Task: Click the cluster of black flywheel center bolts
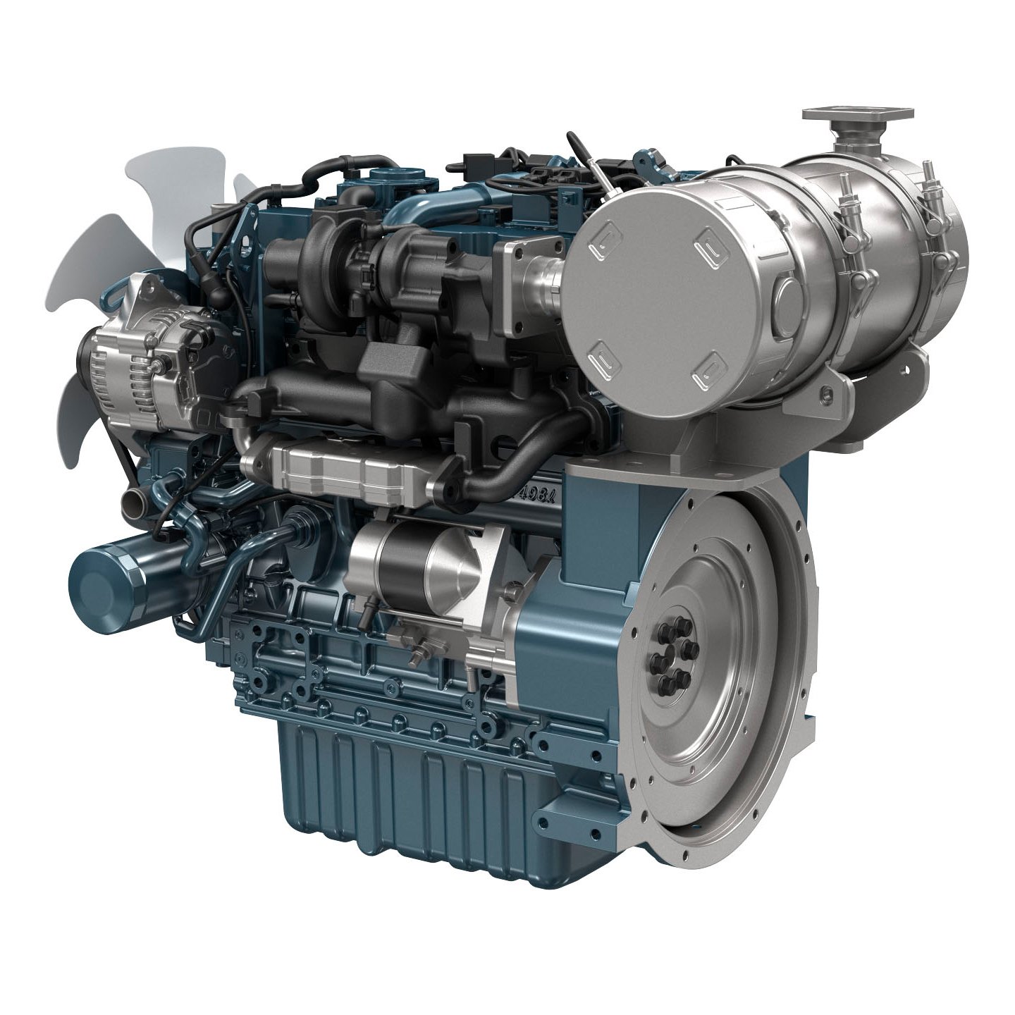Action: [670, 656]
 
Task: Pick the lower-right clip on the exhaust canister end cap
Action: [708, 373]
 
